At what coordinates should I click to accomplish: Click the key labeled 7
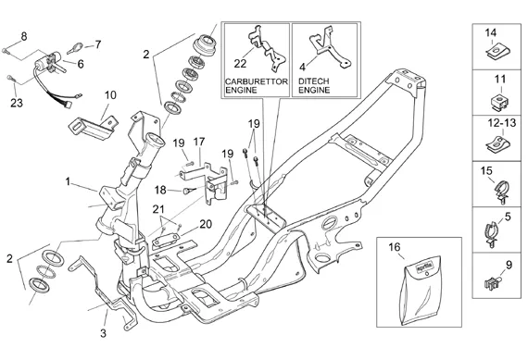click(76, 48)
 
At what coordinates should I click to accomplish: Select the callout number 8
click(24, 36)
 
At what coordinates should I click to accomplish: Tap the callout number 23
click(17, 103)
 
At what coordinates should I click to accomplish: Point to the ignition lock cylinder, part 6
click(51, 62)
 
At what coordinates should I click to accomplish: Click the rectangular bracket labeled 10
click(92, 126)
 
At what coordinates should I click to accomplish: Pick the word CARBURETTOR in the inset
click(257, 81)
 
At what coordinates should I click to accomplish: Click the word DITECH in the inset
click(313, 81)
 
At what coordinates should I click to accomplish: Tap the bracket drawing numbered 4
click(330, 47)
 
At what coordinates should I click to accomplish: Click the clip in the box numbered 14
click(498, 53)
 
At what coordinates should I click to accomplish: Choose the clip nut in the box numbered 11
click(499, 102)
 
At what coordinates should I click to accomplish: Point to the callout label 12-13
click(502, 123)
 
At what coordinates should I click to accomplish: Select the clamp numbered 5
click(492, 233)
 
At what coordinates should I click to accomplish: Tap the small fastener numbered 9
click(492, 282)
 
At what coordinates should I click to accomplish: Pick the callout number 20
click(206, 224)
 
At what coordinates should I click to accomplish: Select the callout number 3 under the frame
click(103, 333)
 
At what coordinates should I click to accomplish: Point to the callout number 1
click(68, 181)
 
